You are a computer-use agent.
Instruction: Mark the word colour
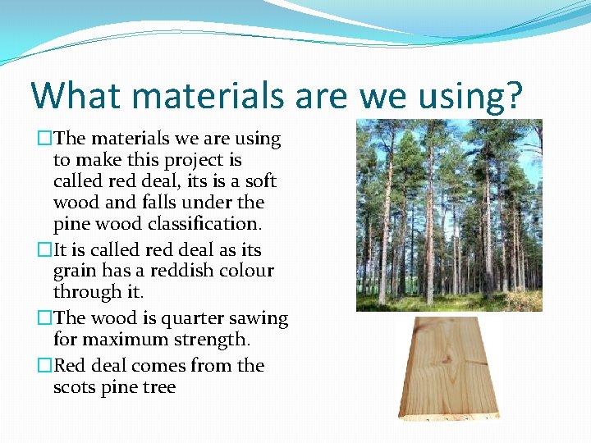pos(244,271)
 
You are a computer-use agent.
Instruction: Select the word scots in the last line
pos(76,387)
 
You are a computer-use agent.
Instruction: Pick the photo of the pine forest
pos(448,215)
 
